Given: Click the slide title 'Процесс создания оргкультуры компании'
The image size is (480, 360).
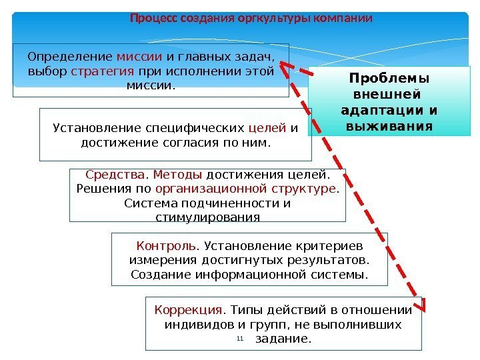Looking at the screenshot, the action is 251,18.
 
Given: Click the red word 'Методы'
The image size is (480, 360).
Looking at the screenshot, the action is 178,175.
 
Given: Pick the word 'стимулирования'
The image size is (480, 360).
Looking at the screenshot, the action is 207,217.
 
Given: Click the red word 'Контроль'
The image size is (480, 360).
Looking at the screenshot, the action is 157,245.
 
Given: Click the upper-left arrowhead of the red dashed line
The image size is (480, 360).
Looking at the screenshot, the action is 285,65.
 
